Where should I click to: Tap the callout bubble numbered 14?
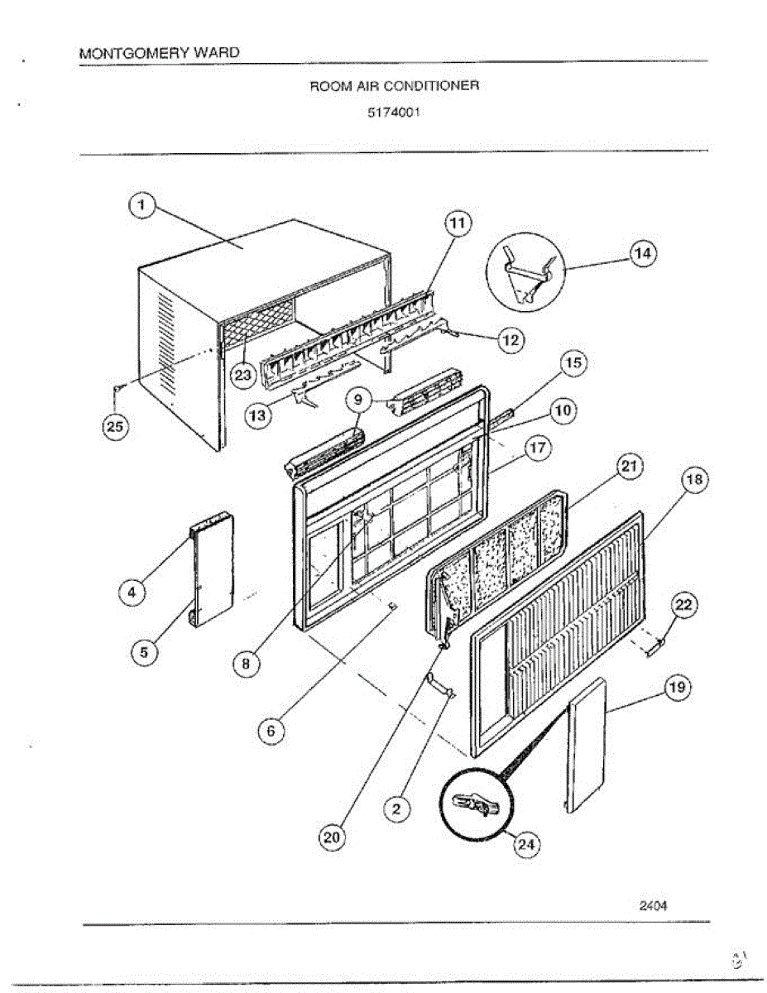(x=642, y=253)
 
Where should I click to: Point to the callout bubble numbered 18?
(x=693, y=479)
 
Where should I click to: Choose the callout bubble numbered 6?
(x=270, y=731)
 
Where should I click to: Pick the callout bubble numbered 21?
(x=630, y=468)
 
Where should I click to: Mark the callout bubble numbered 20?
(x=331, y=837)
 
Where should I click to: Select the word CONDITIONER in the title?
(x=441, y=85)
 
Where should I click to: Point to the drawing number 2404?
(x=653, y=904)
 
